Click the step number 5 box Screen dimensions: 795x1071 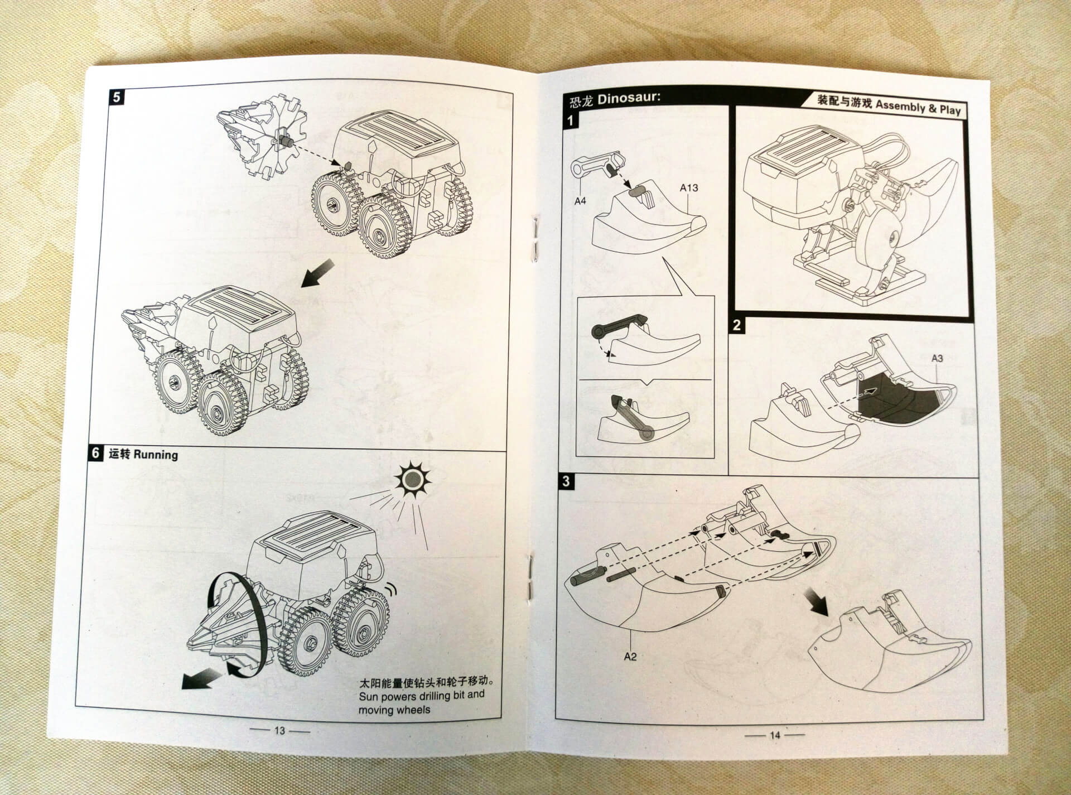[x=116, y=97]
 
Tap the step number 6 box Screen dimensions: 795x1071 [x=96, y=453]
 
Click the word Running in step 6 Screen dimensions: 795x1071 [x=156, y=454]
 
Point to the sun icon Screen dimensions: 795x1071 [x=412, y=479]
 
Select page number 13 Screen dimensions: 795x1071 [x=279, y=730]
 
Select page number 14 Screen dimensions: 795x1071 [x=775, y=735]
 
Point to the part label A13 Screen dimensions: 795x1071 [x=688, y=188]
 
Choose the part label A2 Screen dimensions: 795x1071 [x=630, y=657]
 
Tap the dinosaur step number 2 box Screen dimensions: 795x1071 [x=737, y=325]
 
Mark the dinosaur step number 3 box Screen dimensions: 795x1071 [x=566, y=481]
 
